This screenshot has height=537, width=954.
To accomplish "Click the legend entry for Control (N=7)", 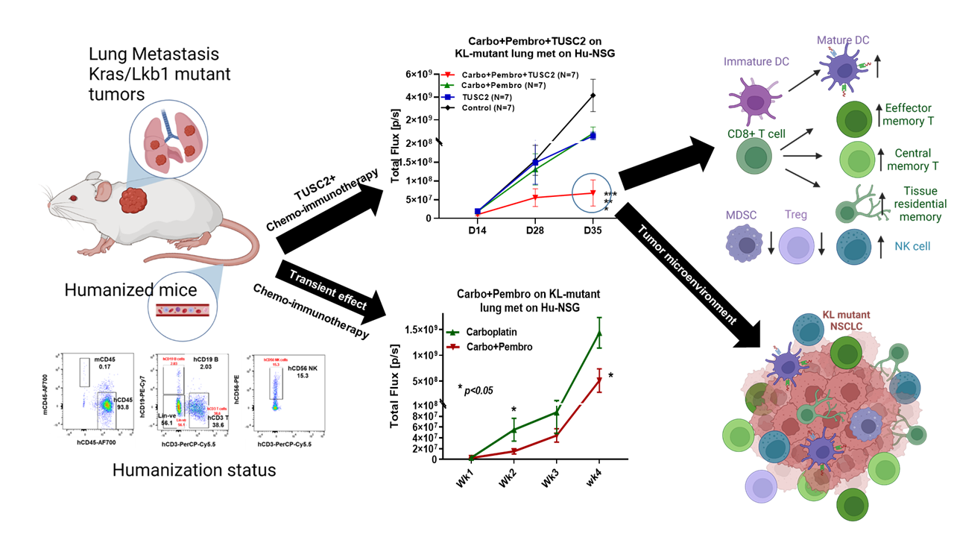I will pos(489,107).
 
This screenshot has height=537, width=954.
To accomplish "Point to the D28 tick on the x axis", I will pos(535,230).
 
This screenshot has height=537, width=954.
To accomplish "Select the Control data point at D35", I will pos(593,95).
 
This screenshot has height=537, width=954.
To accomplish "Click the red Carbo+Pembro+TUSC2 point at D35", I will pos(593,192).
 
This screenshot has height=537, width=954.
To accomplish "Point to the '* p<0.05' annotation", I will pos(476,389).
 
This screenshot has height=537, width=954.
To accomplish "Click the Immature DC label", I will pos(756,62).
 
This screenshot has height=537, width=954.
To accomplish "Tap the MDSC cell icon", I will pos(745,247).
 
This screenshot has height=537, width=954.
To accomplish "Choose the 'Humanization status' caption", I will pos(195,470).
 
